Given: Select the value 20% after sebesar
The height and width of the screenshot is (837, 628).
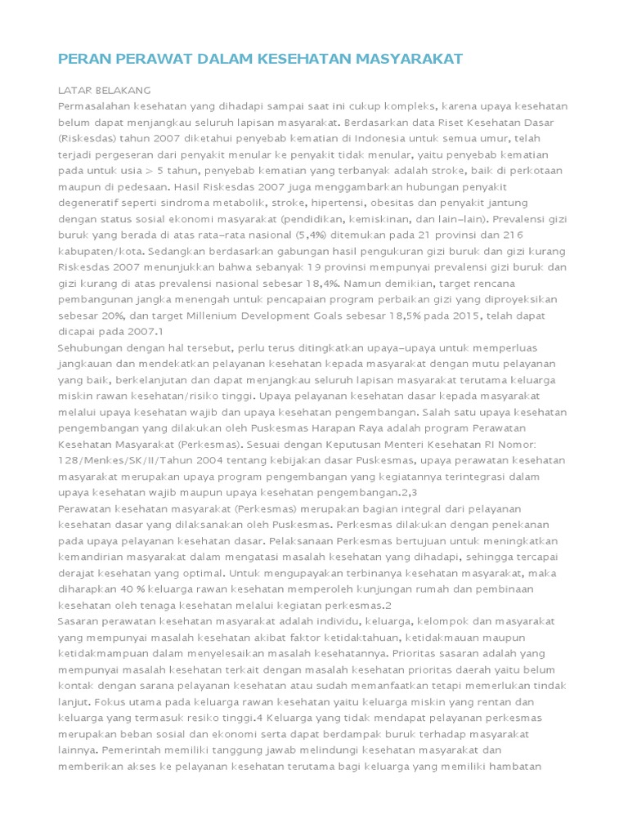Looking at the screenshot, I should (x=112, y=316).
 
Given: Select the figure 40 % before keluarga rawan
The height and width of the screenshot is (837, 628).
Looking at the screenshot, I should (x=126, y=589).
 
